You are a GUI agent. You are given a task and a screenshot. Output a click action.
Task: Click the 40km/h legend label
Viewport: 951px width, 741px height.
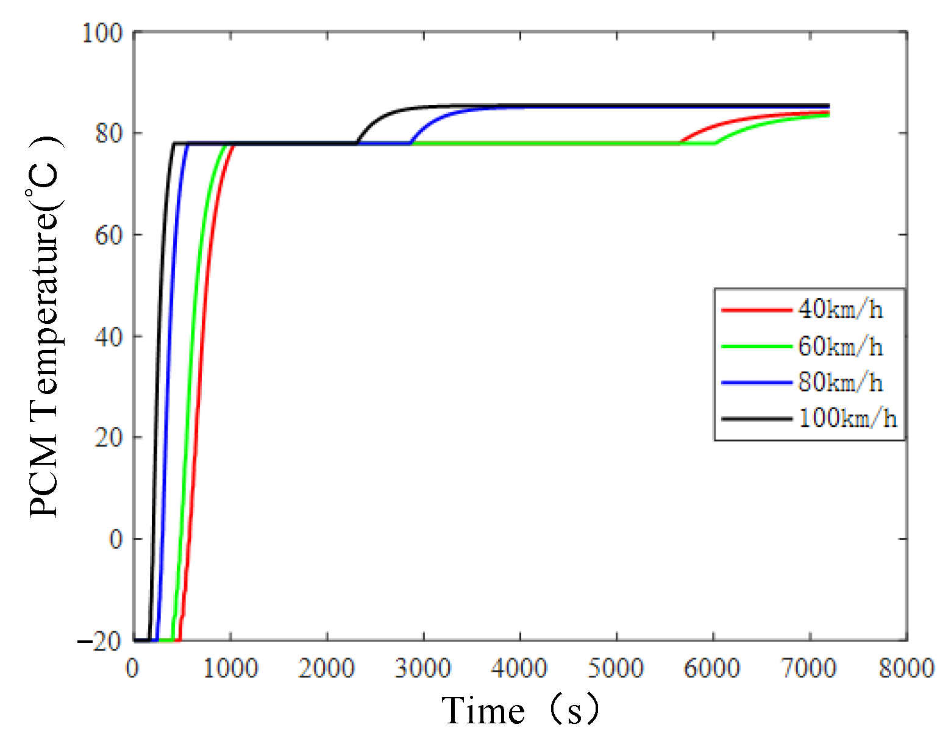click(x=840, y=310)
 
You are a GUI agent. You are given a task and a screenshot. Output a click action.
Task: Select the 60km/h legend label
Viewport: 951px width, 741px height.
click(x=840, y=346)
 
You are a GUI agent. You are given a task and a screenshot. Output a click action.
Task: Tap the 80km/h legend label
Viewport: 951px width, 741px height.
click(x=840, y=382)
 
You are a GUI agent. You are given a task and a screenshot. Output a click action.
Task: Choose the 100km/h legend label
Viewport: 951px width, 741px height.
click(x=847, y=418)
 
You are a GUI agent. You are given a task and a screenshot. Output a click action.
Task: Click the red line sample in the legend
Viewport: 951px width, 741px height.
click(x=756, y=310)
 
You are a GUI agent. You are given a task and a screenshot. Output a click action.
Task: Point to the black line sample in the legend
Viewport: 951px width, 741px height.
click(x=756, y=419)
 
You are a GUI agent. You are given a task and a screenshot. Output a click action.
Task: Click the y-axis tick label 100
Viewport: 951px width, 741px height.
click(x=102, y=32)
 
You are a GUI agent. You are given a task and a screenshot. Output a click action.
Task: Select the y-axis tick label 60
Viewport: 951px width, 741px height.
click(x=109, y=235)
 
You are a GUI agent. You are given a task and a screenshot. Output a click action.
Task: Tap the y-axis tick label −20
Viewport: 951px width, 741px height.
click(x=101, y=641)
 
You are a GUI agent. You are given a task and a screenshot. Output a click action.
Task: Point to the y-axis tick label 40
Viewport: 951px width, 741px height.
click(x=109, y=337)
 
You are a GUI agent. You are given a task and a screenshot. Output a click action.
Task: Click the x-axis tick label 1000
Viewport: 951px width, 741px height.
click(x=230, y=668)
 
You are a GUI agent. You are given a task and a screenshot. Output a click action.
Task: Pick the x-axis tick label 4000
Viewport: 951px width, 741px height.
click(x=519, y=668)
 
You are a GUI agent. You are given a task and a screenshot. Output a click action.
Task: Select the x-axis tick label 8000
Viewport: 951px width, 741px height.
click(x=906, y=668)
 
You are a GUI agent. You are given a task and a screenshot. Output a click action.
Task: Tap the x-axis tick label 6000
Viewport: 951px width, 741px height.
click(x=713, y=668)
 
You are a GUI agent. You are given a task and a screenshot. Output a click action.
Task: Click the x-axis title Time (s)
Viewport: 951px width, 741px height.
click(x=521, y=711)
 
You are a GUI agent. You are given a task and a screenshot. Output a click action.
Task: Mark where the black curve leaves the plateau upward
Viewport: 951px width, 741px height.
click(x=357, y=142)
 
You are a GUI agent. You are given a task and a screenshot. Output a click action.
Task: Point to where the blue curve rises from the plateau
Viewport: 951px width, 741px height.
click(x=411, y=143)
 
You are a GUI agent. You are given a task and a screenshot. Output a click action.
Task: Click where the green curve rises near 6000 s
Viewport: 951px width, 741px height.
click(x=715, y=143)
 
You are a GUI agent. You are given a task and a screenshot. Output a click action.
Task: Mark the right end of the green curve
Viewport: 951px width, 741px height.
click(x=828, y=115)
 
